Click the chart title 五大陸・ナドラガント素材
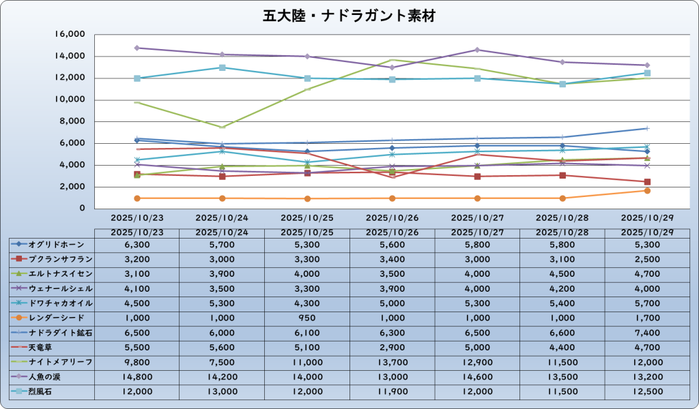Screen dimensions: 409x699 click(x=349, y=16)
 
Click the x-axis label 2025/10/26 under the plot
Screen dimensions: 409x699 click(x=392, y=218)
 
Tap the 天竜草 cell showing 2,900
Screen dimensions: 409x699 click(x=392, y=347)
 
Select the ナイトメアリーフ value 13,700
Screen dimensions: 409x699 click(x=392, y=362)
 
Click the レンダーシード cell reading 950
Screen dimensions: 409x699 click(x=306, y=318)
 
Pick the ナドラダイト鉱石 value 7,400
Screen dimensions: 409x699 click(x=646, y=333)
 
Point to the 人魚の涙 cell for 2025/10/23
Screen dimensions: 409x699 click(x=137, y=376)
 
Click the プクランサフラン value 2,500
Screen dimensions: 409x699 click(x=646, y=259)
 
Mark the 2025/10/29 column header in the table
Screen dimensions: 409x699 click(x=646, y=232)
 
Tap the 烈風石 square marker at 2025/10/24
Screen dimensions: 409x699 click(x=223, y=67)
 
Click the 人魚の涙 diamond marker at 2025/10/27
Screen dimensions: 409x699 click(x=477, y=50)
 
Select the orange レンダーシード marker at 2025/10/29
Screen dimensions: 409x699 click(x=647, y=190)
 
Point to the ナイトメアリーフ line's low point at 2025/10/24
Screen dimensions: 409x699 click(x=223, y=127)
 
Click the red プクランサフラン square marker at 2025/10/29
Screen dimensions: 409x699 click(x=647, y=182)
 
